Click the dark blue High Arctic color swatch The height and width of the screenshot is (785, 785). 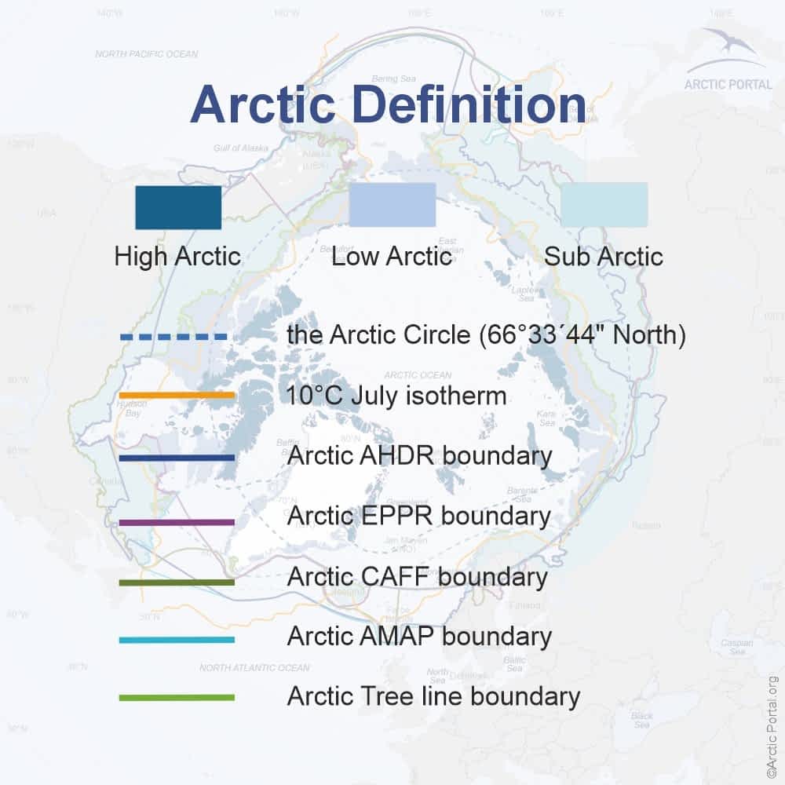(x=177, y=206)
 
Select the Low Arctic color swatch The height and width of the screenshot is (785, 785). (x=392, y=205)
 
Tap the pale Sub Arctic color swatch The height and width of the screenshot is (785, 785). (x=604, y=205)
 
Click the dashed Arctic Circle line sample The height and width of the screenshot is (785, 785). (x=173, y=337)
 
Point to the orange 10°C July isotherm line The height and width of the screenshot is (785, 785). (x=177, y=396)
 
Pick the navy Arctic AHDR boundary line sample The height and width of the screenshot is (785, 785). (x=177, y=457)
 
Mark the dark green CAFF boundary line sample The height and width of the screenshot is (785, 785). (x=177, y=582)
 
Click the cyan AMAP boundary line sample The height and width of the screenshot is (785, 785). (x=177, y=640)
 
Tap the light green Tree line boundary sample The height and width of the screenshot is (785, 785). (x=177, y=697)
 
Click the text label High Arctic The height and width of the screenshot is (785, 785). (x=177, y=257)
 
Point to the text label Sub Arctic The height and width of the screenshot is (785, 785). (x=603, y=257)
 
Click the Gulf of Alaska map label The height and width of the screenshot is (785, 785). (x=240, y=148)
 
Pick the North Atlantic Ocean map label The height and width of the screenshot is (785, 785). (x=254, y=668)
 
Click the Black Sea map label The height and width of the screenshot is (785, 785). (x=641, y=720)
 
